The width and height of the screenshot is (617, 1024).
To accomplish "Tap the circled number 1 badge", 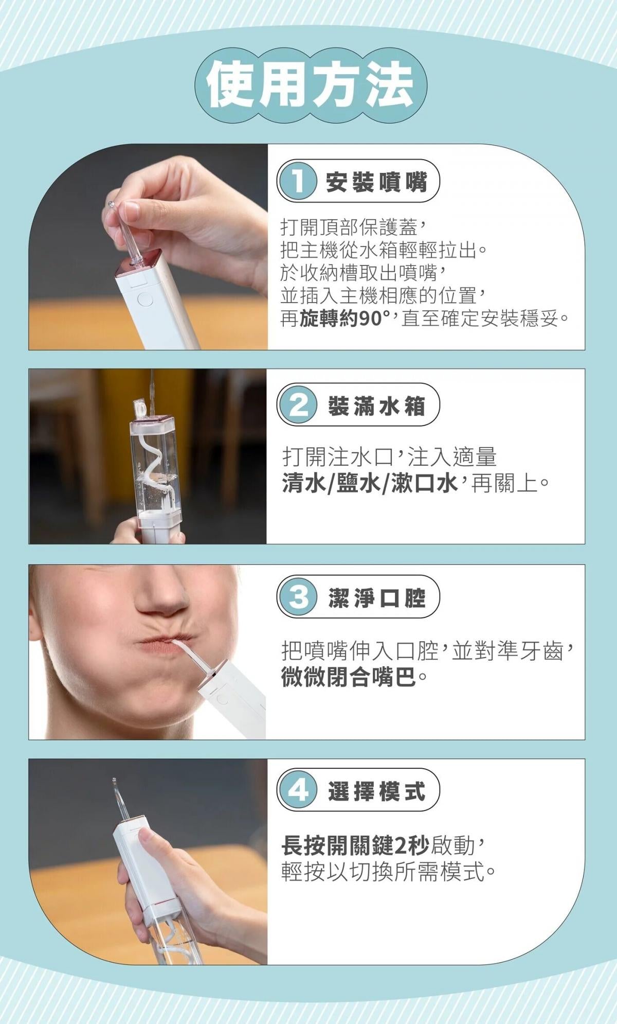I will [x=297, y=181].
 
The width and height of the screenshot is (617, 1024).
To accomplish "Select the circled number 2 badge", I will [x=297, y=405].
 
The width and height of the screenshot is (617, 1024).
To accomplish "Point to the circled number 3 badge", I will [x=297, y=597].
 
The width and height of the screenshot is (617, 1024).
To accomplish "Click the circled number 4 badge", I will [x=297, y=790].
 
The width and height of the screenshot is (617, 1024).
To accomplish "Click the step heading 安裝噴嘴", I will [x=376, y=181].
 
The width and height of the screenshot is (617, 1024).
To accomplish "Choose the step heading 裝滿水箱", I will [x=376, y=406].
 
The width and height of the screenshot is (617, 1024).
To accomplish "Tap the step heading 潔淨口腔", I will [x=376, y=597].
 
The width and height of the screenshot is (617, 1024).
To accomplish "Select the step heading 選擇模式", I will [x=376, y=790].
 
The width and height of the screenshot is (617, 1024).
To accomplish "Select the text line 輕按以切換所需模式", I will [x=383, y=871].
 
